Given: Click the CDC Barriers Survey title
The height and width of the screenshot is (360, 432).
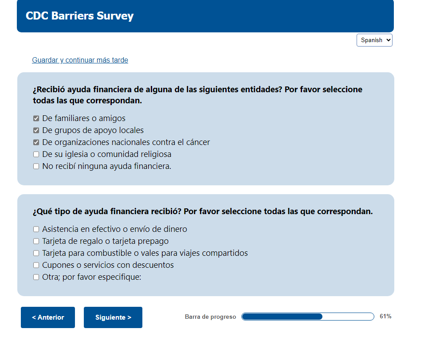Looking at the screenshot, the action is click(80, 16).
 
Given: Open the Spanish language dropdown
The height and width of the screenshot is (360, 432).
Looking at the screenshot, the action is click(374, 40).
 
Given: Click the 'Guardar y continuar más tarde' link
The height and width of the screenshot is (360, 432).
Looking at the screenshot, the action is click(80, 60).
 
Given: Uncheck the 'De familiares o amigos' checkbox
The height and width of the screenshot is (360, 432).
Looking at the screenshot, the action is click(36, 118).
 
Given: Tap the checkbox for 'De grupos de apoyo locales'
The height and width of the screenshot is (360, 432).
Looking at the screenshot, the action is click(36, 130).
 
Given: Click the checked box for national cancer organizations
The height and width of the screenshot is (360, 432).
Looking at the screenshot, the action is click(36, 142).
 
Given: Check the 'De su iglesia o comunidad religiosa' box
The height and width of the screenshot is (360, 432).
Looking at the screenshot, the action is click(36, 154).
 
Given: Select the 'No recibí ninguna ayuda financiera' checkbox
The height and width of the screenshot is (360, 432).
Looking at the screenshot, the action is click(36, 166).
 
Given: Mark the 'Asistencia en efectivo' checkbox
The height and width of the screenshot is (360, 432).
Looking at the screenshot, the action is click(36, 229).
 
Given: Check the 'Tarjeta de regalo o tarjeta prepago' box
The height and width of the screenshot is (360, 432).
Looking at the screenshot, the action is click(36, 241).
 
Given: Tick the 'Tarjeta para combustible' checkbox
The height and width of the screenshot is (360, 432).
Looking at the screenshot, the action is click(36, 253).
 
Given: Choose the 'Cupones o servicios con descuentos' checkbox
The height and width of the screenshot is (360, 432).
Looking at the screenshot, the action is click(36, 265).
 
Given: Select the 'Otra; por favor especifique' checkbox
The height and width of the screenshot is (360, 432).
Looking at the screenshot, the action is click(36, 277).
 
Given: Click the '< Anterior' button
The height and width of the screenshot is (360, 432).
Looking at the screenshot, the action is click(48, 317).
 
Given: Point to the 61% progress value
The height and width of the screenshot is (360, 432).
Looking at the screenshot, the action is click(385, 316).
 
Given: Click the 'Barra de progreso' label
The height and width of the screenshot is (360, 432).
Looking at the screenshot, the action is click(211, 317).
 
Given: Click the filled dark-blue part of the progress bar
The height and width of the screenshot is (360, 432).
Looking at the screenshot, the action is click(282, 317).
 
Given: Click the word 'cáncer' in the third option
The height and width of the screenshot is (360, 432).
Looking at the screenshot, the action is click(198, 142).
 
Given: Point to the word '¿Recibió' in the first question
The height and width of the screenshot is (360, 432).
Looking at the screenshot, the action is click(49, 90).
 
